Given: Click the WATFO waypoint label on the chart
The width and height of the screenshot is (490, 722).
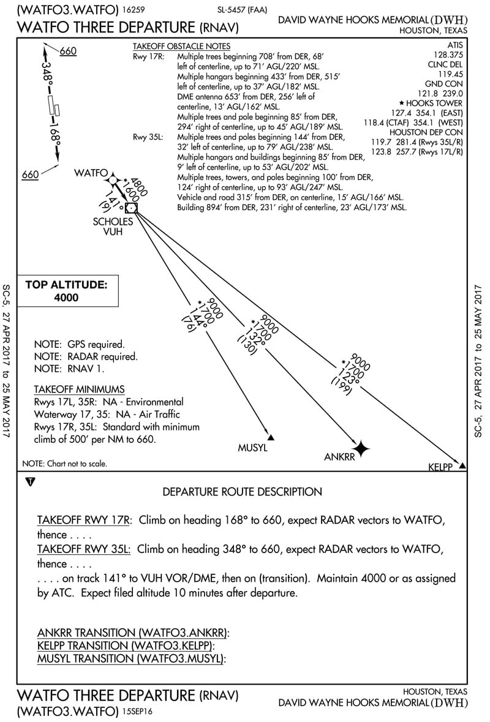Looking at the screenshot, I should coord(91,173).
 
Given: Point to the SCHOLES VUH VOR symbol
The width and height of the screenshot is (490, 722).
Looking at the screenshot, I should coord(131,208).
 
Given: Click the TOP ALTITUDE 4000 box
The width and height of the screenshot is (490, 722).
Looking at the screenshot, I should coord(66,291).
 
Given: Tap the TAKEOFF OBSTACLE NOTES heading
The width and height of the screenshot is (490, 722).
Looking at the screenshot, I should coord(181,47).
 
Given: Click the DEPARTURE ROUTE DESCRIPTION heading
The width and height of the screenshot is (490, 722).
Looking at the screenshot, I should coord(242,492).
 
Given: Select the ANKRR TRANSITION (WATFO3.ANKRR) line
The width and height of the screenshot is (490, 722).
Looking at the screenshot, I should coord(133,633).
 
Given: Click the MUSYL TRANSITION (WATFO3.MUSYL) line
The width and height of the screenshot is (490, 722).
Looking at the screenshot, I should coord(132,658).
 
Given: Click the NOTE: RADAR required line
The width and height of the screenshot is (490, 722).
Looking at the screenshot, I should coord(86,356).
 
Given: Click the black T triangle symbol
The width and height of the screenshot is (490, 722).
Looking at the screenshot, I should coord(31,482).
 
